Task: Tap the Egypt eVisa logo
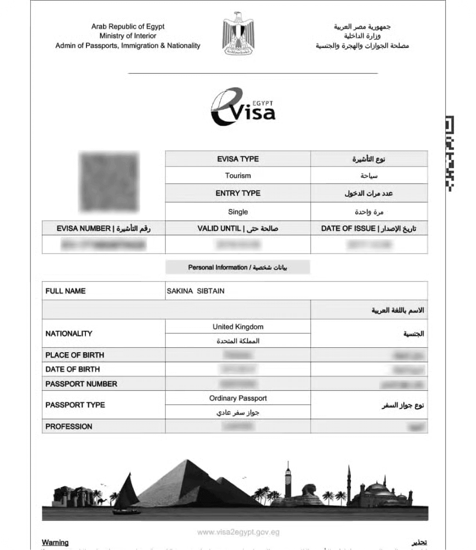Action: pos(243,107)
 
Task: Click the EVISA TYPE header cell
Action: pos(238,159)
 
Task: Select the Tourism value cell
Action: pos(238,176)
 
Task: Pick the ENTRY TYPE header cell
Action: pos(238,193)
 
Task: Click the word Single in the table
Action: pos(238,212)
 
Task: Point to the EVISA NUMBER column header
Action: pos(104,228)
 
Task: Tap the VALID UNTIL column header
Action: pos(238,228)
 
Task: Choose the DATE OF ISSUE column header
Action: pos(369,228)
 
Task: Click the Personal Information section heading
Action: pos(238,267)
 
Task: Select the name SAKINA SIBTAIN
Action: pos(196,291)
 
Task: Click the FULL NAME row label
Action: pos(66,291)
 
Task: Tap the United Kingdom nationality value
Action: pos(238,327)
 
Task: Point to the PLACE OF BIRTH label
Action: pos(74,355)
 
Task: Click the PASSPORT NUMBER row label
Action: pos(81,384)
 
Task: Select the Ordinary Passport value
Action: pos(238,398)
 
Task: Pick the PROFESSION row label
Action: pos(69,427)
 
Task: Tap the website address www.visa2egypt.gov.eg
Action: pos(238,532)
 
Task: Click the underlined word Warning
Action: pos(55,542)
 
